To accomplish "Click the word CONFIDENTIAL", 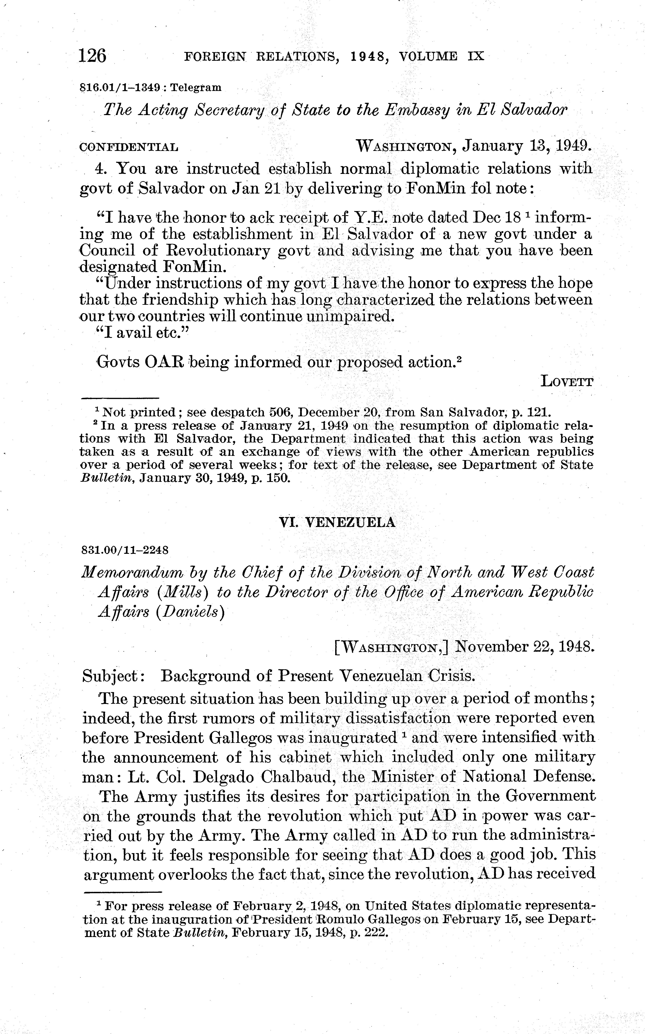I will [129, 148].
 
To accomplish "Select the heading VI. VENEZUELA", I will [337, 522].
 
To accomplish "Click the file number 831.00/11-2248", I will [125, 550].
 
